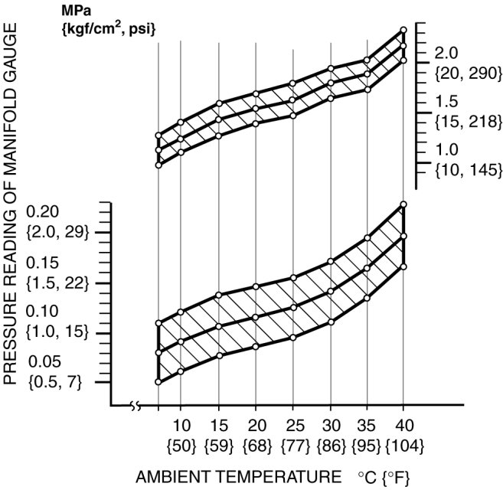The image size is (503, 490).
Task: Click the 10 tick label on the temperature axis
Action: pos(181,425)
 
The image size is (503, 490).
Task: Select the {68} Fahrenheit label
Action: pos(256,444)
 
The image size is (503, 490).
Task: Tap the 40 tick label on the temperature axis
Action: pos(404,425)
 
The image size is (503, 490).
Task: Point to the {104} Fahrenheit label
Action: pos(403,444)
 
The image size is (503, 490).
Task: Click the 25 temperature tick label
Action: pos(293,425)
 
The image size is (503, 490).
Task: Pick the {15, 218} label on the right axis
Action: pos(462,121)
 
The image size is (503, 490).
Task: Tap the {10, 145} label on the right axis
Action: pos(462,168)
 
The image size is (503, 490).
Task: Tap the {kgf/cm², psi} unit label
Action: pos(109,30)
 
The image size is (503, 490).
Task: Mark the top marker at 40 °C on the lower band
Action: pos(403,204)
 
